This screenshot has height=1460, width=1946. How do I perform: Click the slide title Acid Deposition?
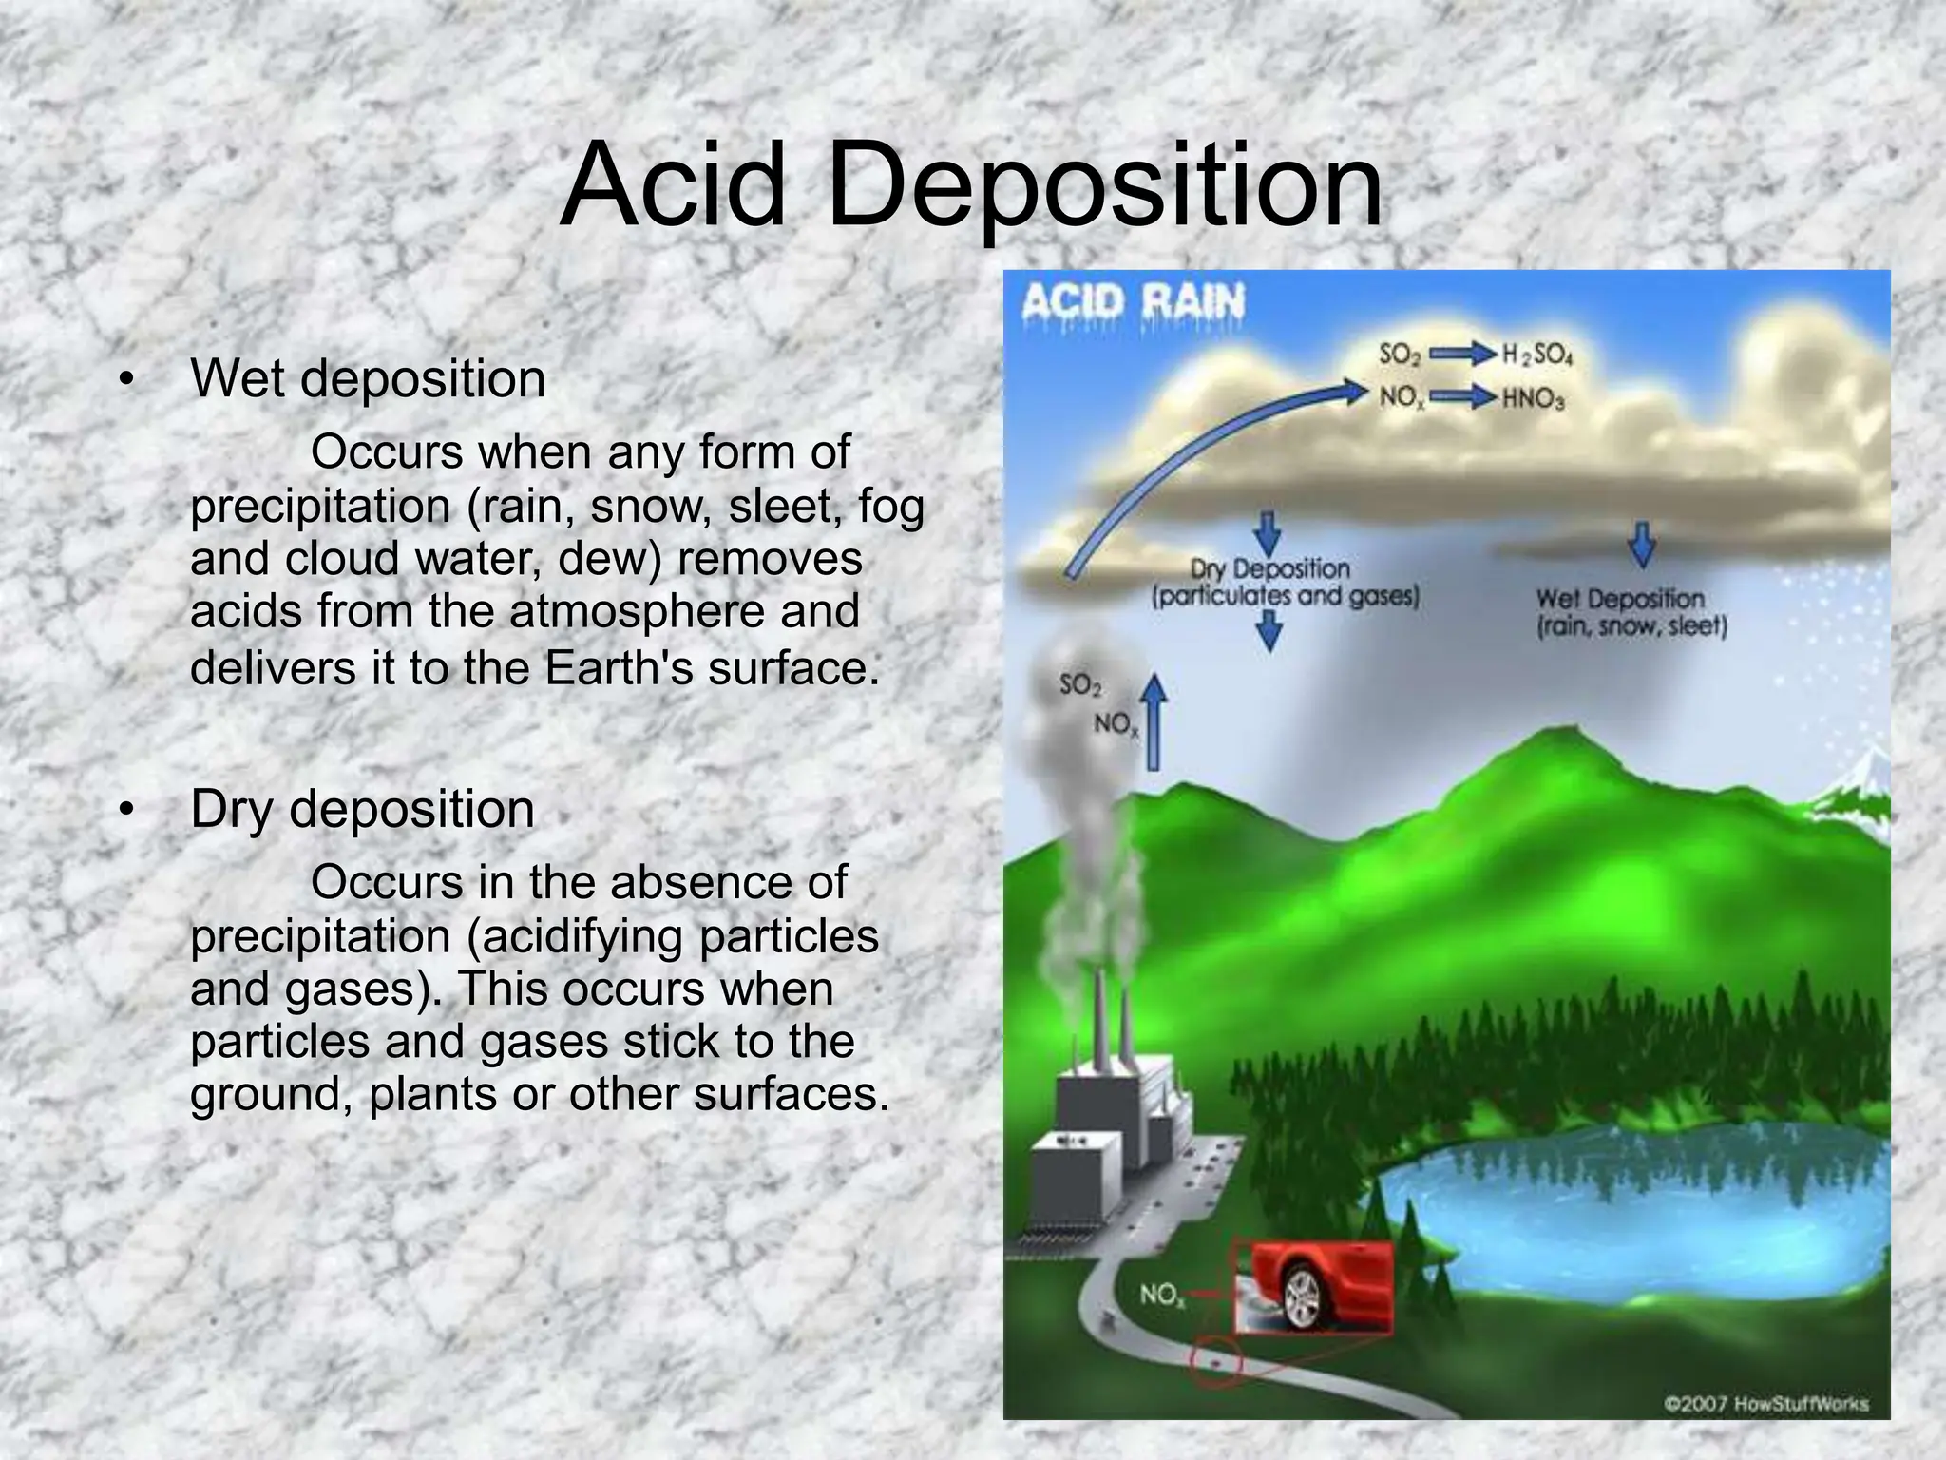(x=971, y=185)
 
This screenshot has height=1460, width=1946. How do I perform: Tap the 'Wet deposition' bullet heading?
(x=368, y=379)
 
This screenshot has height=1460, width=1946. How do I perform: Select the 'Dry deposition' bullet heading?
(x=362, y=810)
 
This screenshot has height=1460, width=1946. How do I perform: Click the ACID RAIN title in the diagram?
(x=1133, y=303)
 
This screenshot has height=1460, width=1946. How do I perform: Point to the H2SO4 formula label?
(x=1537, y=355)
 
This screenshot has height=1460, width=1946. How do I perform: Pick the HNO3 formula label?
(x=1534, y=398)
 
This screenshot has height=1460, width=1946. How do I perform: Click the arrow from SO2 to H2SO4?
(x=1462, y=355)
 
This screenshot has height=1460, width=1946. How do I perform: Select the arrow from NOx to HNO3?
(x=1462, y=397)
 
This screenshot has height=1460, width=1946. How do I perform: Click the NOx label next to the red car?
(x=1162, y=1295)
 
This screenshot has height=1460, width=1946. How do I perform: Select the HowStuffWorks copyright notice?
(x=1765, y=1403)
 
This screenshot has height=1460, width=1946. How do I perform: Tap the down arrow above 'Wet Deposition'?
(x=1643, y=544)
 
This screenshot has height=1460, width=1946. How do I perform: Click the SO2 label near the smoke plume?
(x=1080, y=684)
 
